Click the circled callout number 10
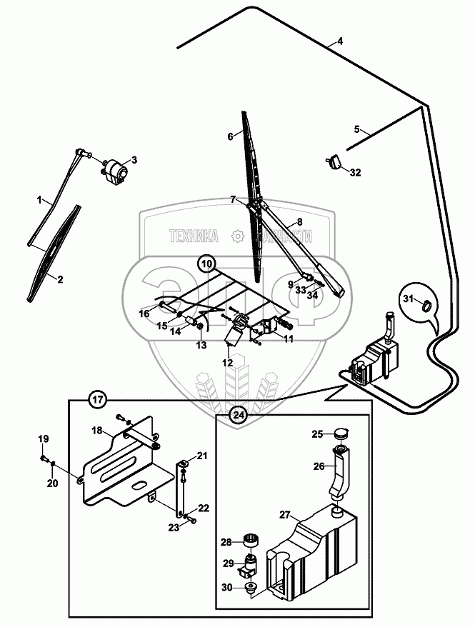coord(206,264)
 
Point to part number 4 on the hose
coord(340,41)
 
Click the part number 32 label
coord(356,172)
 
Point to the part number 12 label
coord(228,363)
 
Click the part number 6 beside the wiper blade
coord(231,136)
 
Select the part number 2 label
coord(60,280)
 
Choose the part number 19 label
coord(43,438)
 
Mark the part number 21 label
coord(201,456)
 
